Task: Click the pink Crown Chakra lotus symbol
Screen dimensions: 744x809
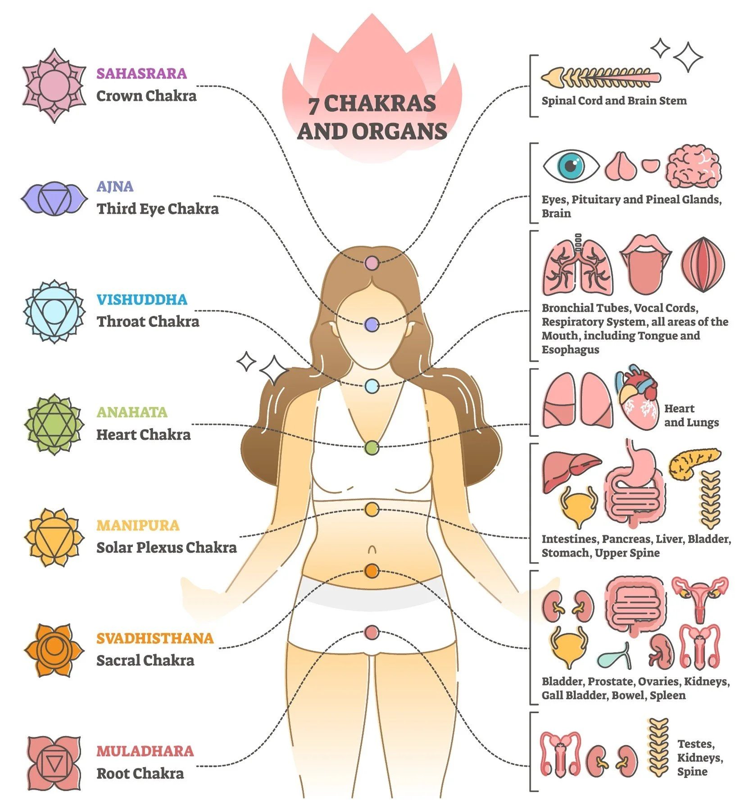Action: (54, 85)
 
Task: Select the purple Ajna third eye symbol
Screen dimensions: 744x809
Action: (54, 198)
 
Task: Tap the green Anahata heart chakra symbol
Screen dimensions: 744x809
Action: (54, 424)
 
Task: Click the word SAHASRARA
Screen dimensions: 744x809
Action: (141, 73)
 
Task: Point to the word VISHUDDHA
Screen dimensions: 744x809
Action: (142, 299)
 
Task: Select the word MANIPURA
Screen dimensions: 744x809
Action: (138, 525)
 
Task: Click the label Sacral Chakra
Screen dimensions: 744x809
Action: (145, 660)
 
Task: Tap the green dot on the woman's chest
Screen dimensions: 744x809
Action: (372, 447)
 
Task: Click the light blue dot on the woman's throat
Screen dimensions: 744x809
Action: (372, 386)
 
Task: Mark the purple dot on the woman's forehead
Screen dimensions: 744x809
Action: (372, 325)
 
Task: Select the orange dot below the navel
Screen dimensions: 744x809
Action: (372, 571)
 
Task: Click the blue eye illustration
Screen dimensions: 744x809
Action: (571, 166)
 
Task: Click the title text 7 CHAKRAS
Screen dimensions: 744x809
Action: (372, 104)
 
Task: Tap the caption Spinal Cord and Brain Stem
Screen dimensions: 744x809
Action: (614, 100)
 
